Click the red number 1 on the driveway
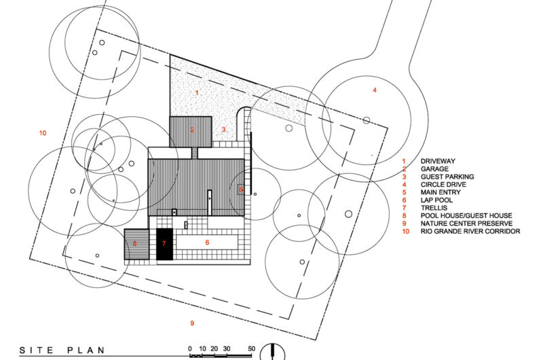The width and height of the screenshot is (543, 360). coord(197,92)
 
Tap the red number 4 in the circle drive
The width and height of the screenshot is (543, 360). coord(374,90)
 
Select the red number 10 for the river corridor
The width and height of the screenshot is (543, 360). coord(43,133)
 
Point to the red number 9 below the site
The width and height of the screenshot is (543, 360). coord(192,322)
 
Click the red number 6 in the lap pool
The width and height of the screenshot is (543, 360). coord(207,242)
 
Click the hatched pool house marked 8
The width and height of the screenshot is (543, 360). coord(136,244)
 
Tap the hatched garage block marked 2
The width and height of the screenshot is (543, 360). coord(191,130)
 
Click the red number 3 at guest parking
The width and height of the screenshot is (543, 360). coord(223,129)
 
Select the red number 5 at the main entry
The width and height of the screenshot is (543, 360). coord(241,190)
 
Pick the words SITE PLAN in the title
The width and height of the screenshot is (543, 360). coord(62,350)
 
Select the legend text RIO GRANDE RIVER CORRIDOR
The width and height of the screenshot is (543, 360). coord(470,232)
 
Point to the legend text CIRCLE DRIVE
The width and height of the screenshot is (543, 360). coord(443,184)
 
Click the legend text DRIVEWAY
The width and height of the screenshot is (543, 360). coord(439,160)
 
